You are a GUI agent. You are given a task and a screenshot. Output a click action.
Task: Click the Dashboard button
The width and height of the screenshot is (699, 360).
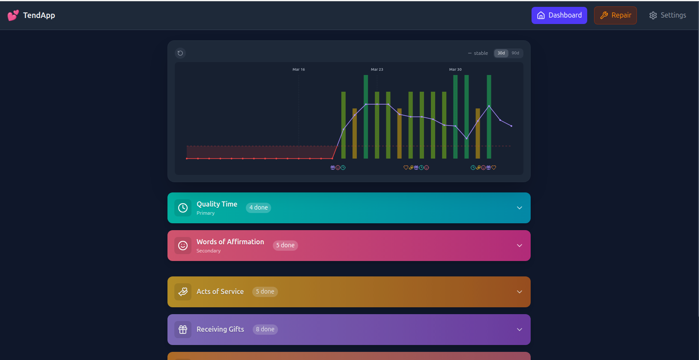[x=559, y=15]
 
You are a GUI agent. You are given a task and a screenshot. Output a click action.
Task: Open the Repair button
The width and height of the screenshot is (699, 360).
[x=615, y=15]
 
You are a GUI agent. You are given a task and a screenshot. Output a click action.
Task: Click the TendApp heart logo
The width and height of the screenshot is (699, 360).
[x=13, y=15]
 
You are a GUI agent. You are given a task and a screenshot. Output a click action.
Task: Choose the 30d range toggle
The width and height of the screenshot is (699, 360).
[x=501, y=53]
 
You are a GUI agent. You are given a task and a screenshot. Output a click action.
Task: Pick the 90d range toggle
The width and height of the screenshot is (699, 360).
[x=515, y=53]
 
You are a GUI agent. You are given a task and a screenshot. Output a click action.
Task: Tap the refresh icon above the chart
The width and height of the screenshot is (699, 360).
[x=180, y=53]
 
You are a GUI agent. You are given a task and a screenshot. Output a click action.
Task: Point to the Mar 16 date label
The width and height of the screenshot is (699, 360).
[x=299, y=69]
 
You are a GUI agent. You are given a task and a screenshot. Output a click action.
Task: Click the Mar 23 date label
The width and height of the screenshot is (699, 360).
[x=377, y=69]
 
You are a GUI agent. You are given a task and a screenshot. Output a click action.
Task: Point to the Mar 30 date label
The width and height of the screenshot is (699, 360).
[x=455, y=69]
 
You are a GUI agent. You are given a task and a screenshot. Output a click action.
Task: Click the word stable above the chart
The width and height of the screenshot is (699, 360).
[x=481, y=53]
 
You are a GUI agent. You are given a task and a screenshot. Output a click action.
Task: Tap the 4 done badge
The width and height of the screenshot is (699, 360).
[x=258, y=207]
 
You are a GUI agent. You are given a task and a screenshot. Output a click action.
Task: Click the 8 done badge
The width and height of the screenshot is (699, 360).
[x=265, y=329]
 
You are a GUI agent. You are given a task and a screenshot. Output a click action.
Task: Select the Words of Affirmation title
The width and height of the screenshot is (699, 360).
[x=230, y=242]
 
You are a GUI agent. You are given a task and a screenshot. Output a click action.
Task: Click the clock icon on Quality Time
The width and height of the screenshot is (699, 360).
[x=183, y=208]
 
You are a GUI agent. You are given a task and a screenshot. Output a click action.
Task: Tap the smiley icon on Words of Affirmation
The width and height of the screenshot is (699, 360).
[x=183, y=246]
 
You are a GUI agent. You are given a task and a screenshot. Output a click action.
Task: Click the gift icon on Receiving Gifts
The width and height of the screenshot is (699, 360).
[x=183, y=330]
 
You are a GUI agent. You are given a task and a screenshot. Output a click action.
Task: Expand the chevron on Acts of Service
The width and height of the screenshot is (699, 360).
[x=520, y=292]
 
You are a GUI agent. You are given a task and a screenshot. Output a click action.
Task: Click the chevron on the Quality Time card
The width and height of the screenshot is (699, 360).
[x=520, y=208]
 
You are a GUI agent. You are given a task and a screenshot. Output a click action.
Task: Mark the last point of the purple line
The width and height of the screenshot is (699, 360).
[x=511, y=126]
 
